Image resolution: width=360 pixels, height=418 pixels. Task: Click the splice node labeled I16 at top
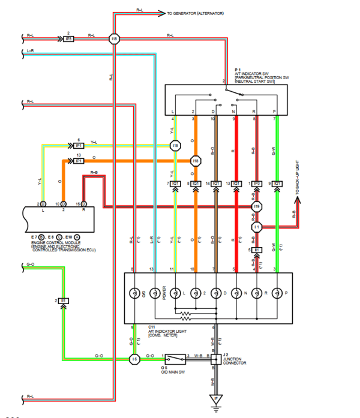[x=114, y=39]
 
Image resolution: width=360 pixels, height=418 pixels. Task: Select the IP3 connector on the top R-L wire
[x=68, y=39]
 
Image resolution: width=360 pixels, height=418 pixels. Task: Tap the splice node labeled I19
[x=256, y=206]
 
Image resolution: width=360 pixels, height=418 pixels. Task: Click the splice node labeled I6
[x=134, y=359]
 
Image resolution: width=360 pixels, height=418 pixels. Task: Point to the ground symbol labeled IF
[x=215, y=399]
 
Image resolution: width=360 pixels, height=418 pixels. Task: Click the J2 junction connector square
[x=215, y=359]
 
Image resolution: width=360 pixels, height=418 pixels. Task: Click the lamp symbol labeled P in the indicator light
[x=277, y=293]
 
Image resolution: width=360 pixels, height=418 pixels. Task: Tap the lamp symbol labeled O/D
[x=134, y=293]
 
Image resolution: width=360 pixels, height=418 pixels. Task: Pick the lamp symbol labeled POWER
[x=155, y=293]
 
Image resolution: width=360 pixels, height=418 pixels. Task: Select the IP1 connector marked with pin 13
[x=77, y=161]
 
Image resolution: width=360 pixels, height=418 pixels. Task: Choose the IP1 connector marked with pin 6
[x=77, y=145]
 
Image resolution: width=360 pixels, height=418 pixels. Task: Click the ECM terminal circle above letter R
[x=83, y=204]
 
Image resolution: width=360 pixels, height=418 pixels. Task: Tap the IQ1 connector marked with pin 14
[x=216, y=183]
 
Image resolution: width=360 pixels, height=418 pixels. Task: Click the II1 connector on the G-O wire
[x=63, y=300]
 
